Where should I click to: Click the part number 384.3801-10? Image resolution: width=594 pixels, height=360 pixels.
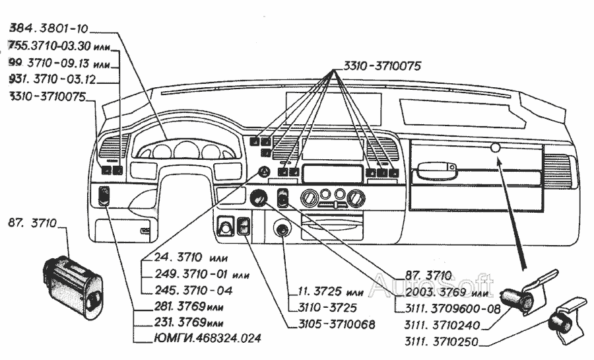(x=48, y=30)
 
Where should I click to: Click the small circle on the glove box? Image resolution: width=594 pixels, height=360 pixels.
(x=495, y=149)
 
